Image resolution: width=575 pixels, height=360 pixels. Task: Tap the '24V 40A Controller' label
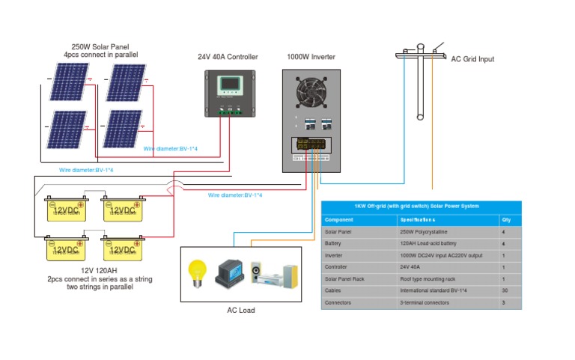click(228, 57)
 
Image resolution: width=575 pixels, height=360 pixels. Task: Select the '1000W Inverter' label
click(311, 57)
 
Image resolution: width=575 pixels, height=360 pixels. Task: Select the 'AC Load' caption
click(241, 310)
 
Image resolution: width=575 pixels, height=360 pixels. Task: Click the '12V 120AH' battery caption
click(99, 270)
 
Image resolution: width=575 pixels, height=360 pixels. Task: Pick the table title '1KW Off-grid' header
click(421, 207)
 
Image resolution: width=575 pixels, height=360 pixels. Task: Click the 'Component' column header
click(338, 221)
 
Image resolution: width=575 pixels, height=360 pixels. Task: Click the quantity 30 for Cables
click(505, 290)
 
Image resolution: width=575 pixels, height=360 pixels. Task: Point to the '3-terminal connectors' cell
click(425, 302)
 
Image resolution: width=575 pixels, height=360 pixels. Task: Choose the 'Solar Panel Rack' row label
click(344, 278)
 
